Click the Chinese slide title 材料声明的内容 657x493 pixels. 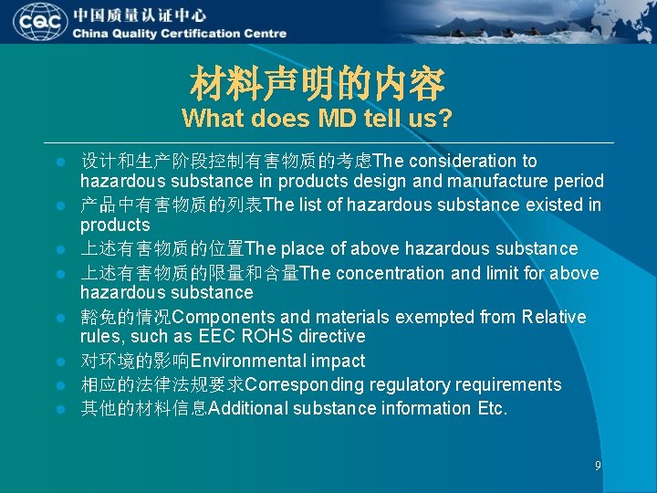coord(317,85)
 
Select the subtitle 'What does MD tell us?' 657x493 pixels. coord(317,119)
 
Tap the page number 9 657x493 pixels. coord(598,466)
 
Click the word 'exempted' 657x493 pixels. coord(436,317)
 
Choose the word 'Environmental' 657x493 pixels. coord(248,361)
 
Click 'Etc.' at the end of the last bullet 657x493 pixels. coord(492,408)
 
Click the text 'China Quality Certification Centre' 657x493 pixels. coord(180,34)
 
